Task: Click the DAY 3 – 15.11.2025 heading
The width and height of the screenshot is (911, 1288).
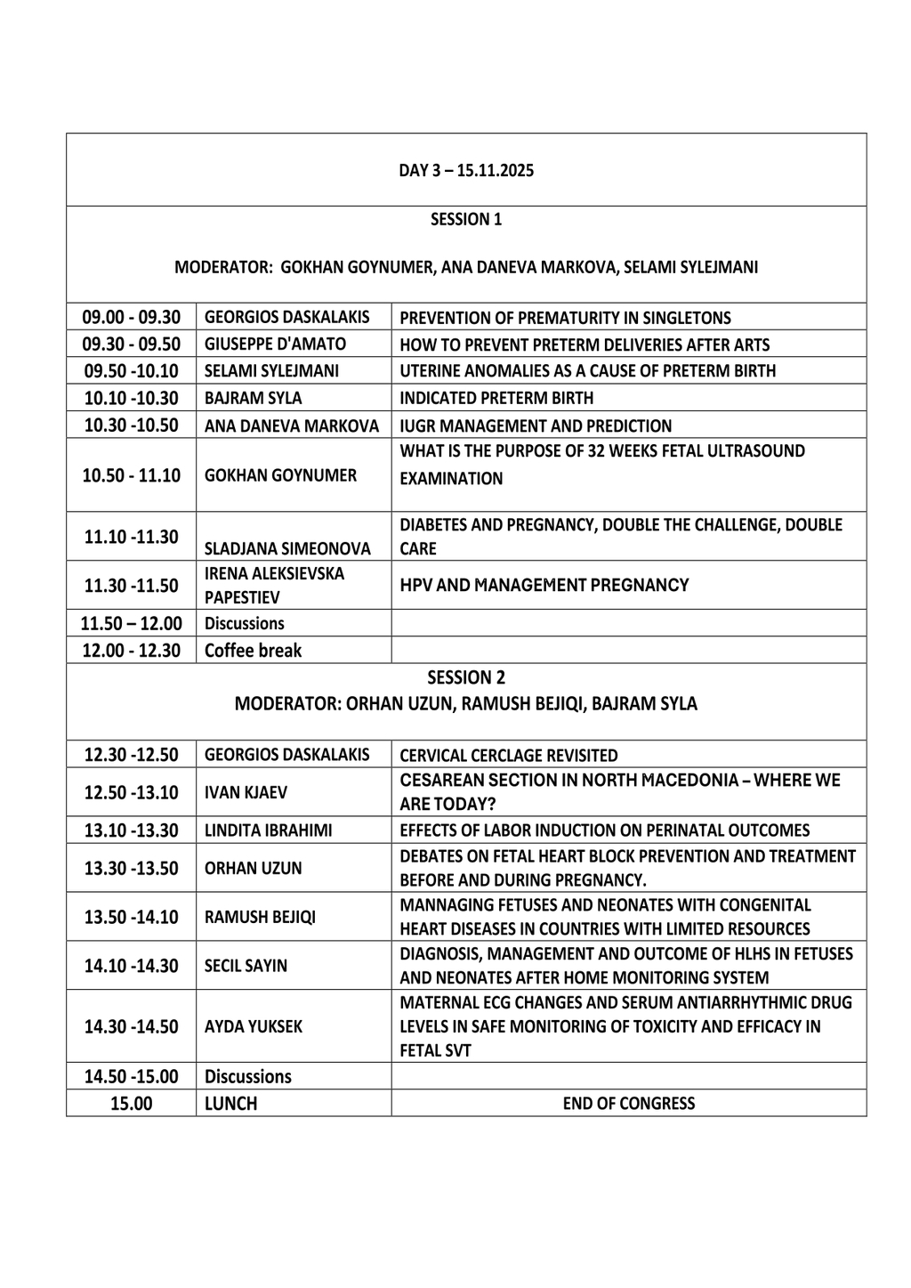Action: [466, 170]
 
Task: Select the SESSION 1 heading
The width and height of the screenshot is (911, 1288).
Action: [466, 219]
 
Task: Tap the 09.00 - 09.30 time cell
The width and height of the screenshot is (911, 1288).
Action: [132, 317]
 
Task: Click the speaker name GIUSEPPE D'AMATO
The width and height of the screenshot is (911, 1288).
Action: [275, 344]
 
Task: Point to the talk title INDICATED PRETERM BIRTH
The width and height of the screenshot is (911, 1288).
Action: [496, 398]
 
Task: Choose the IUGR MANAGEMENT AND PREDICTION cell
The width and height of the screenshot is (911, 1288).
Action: [536, 425]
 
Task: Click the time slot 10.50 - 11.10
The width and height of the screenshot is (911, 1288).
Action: [132, 475]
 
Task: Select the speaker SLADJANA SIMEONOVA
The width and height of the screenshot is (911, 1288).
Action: [287, 548]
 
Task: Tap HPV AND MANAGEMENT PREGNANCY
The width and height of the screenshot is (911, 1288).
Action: [544, 585]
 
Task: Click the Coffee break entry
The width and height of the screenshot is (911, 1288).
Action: [254, 651]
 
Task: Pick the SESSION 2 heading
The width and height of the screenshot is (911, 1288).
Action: [466, 677]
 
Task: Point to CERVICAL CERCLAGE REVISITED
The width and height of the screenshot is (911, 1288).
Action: [509, 756]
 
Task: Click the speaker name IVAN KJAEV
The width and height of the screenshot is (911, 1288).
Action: [246, 792]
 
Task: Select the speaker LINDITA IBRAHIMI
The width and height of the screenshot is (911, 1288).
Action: [268, 830]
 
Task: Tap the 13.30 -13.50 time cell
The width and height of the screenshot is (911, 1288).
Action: [132, 868]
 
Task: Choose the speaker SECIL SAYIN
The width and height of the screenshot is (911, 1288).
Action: [246, 966]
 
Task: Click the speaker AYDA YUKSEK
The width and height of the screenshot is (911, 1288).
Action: [254, 1026]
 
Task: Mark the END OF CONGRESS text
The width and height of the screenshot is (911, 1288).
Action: [629, 1104]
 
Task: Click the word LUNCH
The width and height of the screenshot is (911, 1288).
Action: [230, 1104]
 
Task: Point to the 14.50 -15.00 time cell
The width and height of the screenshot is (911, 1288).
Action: [132, 1076]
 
